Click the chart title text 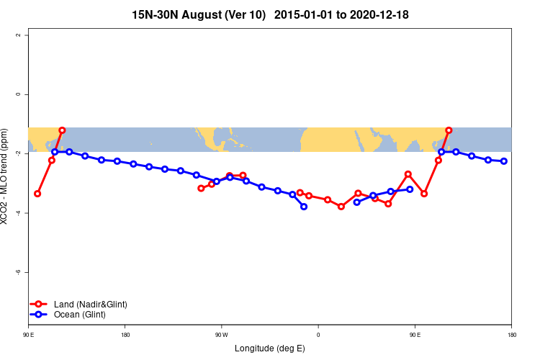[x=270, y=14]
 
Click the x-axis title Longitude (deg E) [x=269, y=348]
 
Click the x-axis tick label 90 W [x=221, y=335]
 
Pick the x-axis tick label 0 [x=318, y=335]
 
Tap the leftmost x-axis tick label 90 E [x=28, y=335]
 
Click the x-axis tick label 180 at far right [x=511, y=335]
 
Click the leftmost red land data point [x=37, y=194]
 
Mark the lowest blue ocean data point [x=304, y=207]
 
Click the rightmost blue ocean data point [x=504, y=161]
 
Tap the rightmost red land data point [x=449, y=130]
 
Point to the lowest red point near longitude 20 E [x=341, y=207]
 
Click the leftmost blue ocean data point [x=55, y=152]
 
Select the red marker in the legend [x=40, y=305]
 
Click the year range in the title [x=342, y=14]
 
